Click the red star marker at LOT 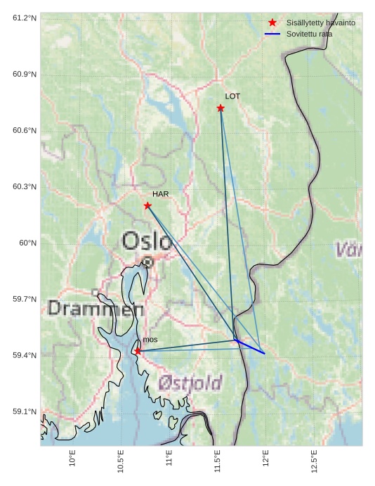pyautogui.click(x=221, y=108)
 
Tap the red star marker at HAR pyautogui.click(x=147, y=205)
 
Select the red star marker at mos pyautogui.click(x=138, y=351)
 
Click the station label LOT pyautogui.click(x=232, y=96)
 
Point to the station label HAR pyautogui.click(x=160, y=194)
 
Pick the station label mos pyautogui.click(x=150, y=340)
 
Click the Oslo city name pyautogui.click(x=147, y=241)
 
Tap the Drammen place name pyautogui.click(x=96, y=309)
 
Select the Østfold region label pyautogui.click(x=190, y=383)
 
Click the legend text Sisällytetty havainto pyautogui.click(x=320, y=23)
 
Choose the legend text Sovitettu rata pyautogui.click(x=309, y=34)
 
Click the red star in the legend pyautogui.click(x=272, y=23)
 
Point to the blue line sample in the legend pyautogui.click(x=272, y=34)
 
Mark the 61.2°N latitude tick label pyautogui.click(x=25, y=18)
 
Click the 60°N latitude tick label pyautogui.click(x=27, y=243)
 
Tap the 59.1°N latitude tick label pyautogui.click(x=25, y=411)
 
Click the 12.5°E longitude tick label pyautogui.click(x=314, y=461)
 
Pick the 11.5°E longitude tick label pyautogui.click(x=217, y=461)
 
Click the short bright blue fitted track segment pyautogui.click(x=250, y=347)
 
